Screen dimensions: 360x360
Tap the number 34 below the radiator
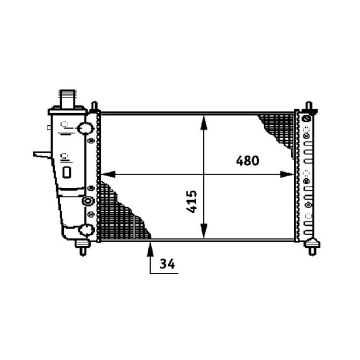tap(167, 264)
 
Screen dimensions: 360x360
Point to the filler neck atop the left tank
tap(67, 98)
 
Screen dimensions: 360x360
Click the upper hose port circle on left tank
tap(85, 129)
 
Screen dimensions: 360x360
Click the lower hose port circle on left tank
tap(85, 230)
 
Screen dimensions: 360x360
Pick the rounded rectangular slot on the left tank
tap(66, 171)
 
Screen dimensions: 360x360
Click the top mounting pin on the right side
tap(308, 108)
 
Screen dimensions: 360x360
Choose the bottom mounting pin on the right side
tap(313, 246)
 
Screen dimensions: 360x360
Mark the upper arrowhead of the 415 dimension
tap(203, 120)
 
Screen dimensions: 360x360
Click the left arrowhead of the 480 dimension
tap(107, 174)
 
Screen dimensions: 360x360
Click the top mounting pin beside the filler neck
tap(94, 107)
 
